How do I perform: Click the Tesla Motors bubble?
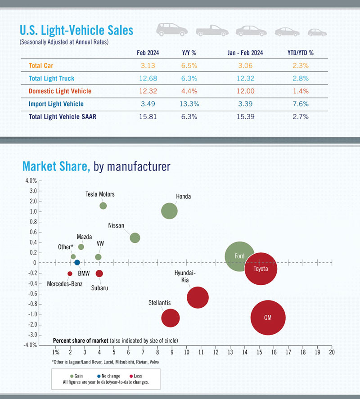103,206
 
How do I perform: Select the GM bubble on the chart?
268,318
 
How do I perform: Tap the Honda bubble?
169,211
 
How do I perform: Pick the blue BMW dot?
77,263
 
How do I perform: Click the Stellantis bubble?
171,318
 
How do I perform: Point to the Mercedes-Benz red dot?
70,273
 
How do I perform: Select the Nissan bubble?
135,238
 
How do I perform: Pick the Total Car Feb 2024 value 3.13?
148,65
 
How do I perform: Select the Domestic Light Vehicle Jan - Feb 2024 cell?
245,91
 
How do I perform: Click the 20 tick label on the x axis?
332,352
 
